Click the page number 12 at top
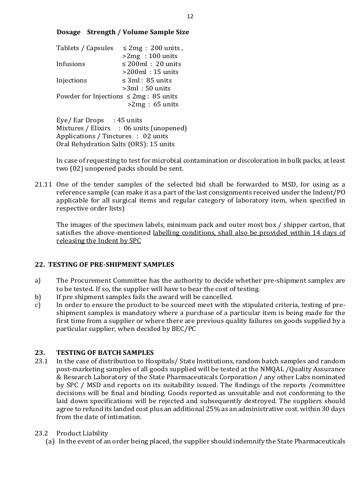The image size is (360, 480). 190,16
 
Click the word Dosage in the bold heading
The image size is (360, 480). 68,32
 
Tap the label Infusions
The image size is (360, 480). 71,64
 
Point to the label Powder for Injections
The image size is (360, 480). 90,96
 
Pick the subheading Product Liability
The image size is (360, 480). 82,433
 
